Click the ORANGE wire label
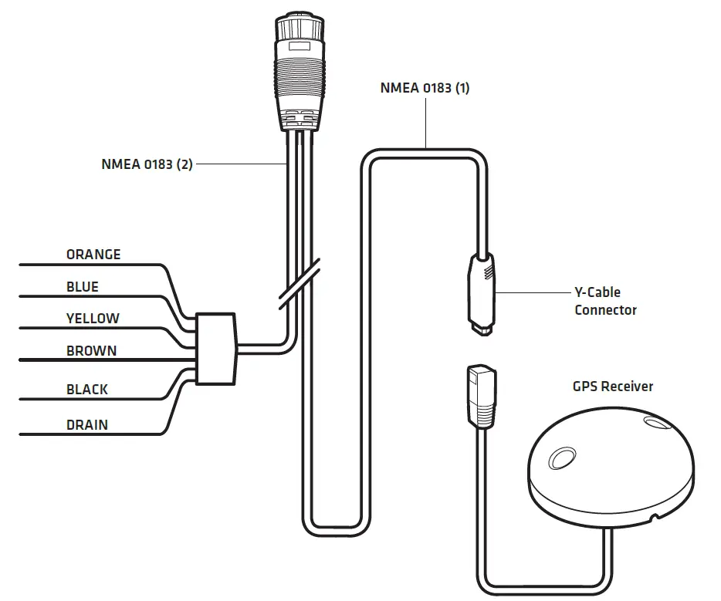[93, 255]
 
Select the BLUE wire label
[83, 287]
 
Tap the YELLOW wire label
[93, 319]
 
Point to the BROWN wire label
[91, 351]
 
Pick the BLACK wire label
[87, 390]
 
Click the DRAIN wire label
[87, 424]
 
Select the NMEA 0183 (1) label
[425, 88]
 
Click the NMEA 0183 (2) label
[147, 164]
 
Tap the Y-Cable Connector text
[605, 302]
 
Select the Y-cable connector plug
[482, 293]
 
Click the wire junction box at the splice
[215, 348]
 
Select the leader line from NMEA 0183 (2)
[240, 164]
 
